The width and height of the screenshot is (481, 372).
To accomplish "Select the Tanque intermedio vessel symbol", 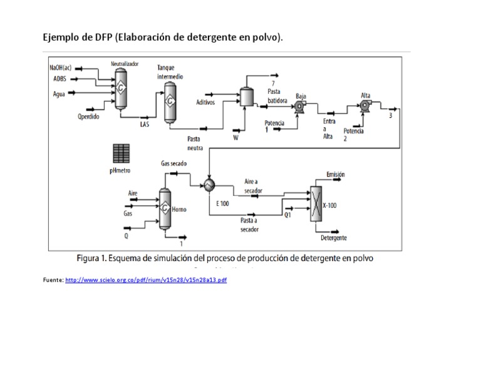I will tap(169, 102).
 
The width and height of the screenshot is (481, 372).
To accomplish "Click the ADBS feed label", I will tap(59, 79).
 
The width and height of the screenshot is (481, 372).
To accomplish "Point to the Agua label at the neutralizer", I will tap(58, 94).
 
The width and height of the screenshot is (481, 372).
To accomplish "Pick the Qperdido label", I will tap(88, 116).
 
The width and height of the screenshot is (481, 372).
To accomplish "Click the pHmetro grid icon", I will tap(120, 153).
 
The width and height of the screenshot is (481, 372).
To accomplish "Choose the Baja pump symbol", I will tap(299, 106).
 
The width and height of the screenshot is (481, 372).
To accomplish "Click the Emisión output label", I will tap(336, 175).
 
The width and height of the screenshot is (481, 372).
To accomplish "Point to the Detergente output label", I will tap(334, 238).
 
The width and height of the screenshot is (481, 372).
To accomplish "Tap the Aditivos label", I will tap(205, 102).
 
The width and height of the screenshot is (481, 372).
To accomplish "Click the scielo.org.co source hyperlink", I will tap(145, 280).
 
